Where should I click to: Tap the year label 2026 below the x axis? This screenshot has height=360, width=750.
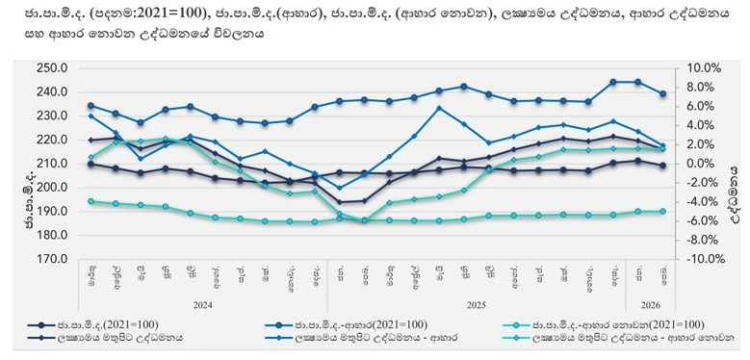(x=651, y=303)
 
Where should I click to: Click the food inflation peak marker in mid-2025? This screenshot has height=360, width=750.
(x=439, y=108)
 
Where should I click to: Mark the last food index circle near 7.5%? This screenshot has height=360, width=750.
(x=662, y=93)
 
